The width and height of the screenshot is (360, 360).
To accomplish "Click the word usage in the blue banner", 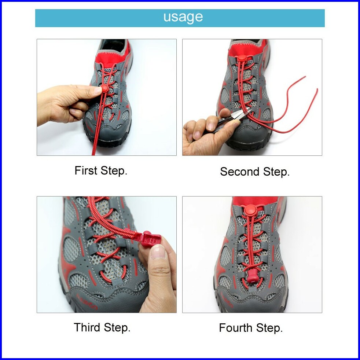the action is click(183, 17).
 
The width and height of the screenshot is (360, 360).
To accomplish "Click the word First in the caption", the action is click(86, 170).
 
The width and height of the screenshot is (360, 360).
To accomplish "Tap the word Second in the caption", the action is click(240, 172).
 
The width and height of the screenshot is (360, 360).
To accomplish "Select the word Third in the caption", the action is click(87, 327).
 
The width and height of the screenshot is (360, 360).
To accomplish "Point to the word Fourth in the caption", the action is click(236, 328).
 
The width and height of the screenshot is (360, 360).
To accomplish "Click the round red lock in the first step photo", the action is click(104, 88).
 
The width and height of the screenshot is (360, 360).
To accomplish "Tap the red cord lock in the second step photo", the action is click(242, 58).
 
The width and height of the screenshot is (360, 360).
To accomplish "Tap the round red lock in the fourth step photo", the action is click(250, 210).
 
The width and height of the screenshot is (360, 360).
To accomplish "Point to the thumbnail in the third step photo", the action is click(158, 251).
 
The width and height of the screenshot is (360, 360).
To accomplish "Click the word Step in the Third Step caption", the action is click(117, 328).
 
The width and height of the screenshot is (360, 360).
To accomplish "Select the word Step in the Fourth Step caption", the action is click(269, 328).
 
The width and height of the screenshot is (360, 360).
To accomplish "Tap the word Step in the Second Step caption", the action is click(276, 172).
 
